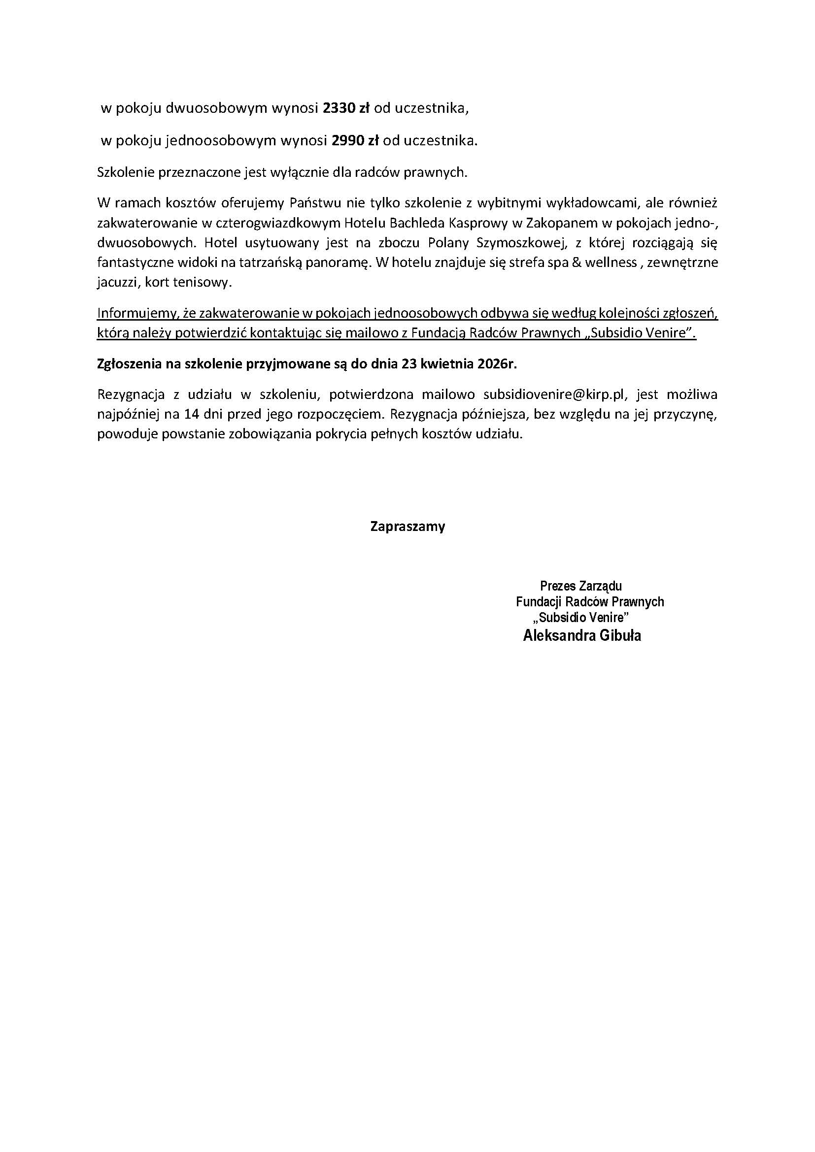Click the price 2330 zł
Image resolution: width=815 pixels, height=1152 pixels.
click(x=346, y=109)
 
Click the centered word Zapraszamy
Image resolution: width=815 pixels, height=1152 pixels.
click(x=407, y=527)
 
